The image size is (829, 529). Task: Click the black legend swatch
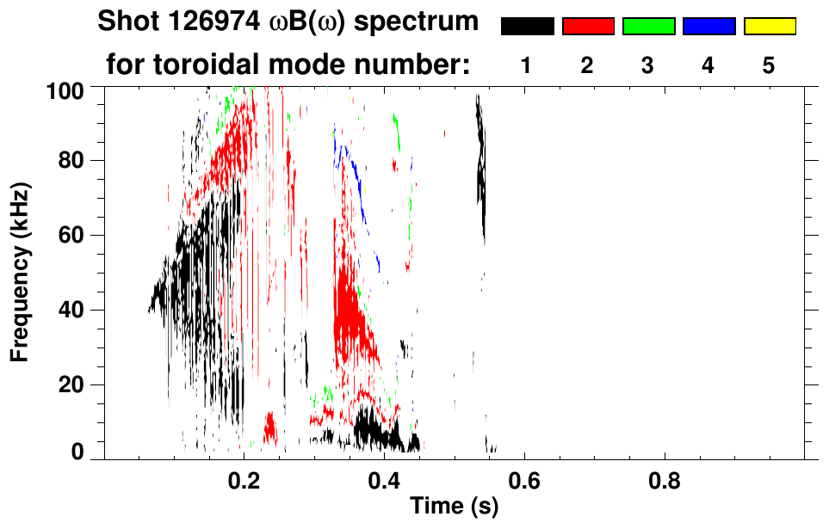528,27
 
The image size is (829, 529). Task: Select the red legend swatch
588,27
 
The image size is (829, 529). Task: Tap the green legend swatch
648,27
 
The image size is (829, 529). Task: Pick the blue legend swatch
708,27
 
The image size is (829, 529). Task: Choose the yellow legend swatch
769,27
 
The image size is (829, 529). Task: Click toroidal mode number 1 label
527,66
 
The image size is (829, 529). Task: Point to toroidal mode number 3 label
647,66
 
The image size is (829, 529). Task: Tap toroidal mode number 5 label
768,66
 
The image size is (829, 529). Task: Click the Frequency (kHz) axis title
21,271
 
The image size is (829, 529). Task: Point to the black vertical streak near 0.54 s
481,163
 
